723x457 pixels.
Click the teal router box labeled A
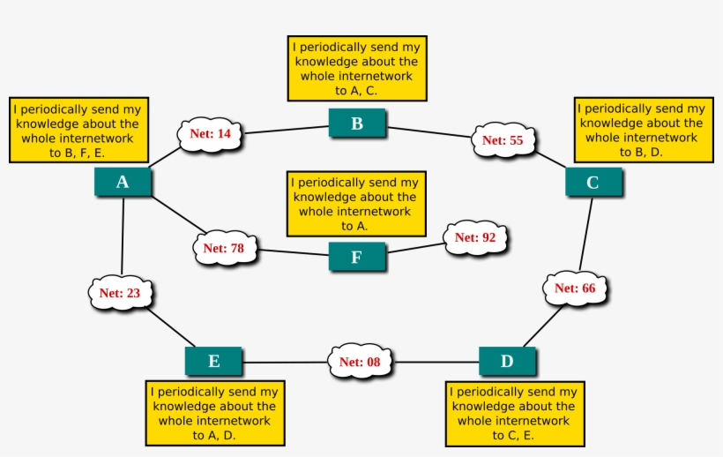pos(123,182)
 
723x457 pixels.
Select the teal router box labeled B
pos(357,124)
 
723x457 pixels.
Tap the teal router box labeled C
pos(593,182)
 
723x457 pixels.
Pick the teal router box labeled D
pos(507,361)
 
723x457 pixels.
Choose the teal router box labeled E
pos(213,361)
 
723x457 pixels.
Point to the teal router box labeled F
pos(357,257)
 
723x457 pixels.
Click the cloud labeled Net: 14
pos(211,134)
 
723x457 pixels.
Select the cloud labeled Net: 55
pos(503,140)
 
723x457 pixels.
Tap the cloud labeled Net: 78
pos(224,248)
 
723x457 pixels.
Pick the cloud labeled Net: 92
pos(475,237)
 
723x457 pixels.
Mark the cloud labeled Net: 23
pos(120,293)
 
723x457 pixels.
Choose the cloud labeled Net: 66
pos(575,288)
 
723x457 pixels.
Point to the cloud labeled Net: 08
pos(361,361)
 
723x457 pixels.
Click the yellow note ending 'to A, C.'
pos(356,68)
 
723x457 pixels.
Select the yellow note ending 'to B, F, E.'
pos(78,130)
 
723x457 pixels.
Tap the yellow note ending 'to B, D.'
pos(643,130)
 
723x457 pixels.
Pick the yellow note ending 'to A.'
pos(354,204)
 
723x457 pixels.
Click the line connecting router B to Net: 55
pos(430,132)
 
